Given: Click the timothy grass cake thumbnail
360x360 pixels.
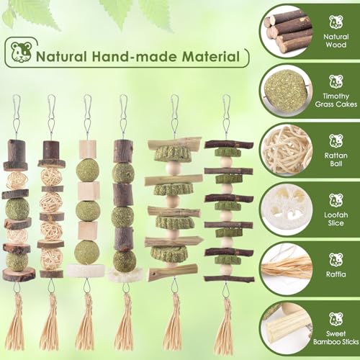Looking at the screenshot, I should [x=288, y=89].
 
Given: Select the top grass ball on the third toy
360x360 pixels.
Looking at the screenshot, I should [x=88, y=170].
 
